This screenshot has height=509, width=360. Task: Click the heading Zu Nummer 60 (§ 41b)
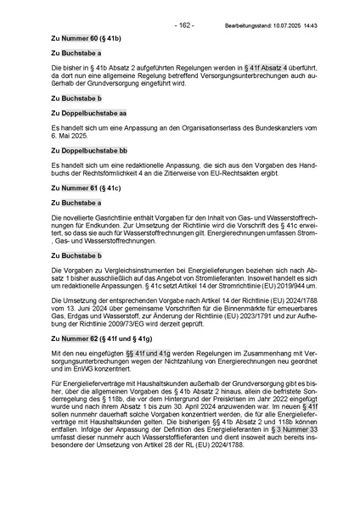tap(86, 39)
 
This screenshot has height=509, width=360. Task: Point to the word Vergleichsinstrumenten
tap(127, 269)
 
